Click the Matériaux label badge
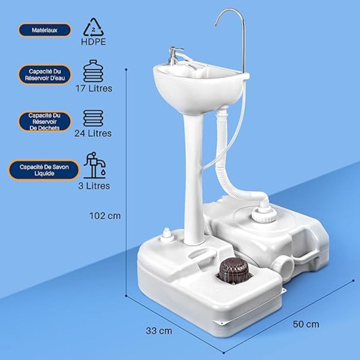coord(45,30)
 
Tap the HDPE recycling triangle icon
coord(94,28)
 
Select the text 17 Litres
coord(94,88)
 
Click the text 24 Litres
coord(93,133)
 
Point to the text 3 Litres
coord(94,186)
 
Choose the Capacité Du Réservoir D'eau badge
coord(45,74)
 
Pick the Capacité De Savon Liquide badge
coord(44,170)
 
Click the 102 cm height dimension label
coord(105,216)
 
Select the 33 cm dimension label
coord(159,331)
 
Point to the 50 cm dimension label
coord(306,324)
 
